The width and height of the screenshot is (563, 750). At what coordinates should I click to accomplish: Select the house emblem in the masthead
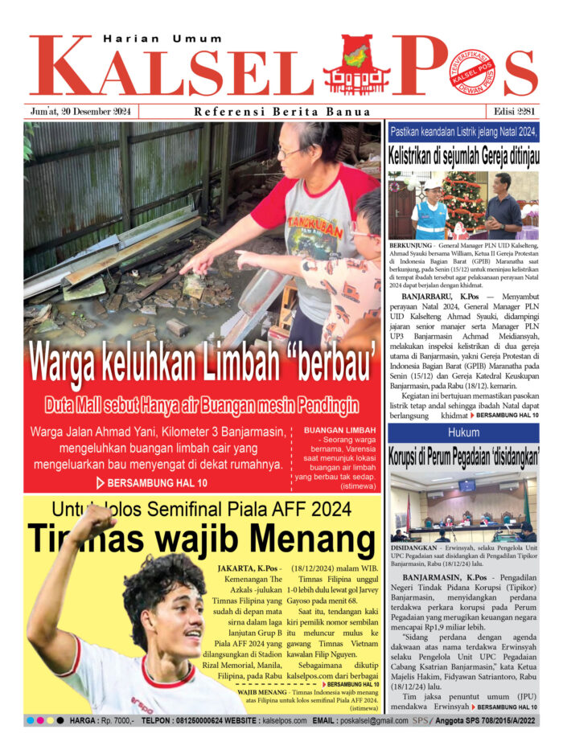(x=356, y=66)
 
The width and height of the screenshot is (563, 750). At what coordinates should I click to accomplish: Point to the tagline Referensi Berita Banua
(x=282, y=112)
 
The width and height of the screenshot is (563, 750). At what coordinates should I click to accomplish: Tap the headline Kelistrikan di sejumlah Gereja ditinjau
(x=463, y=155)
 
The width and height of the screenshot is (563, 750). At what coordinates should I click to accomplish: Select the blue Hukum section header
(x=463, y=433)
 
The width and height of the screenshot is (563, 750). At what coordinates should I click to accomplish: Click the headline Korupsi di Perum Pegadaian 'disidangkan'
(x=463, y=457)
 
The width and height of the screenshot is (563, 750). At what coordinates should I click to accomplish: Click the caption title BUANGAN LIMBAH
(x=339, y=431)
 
